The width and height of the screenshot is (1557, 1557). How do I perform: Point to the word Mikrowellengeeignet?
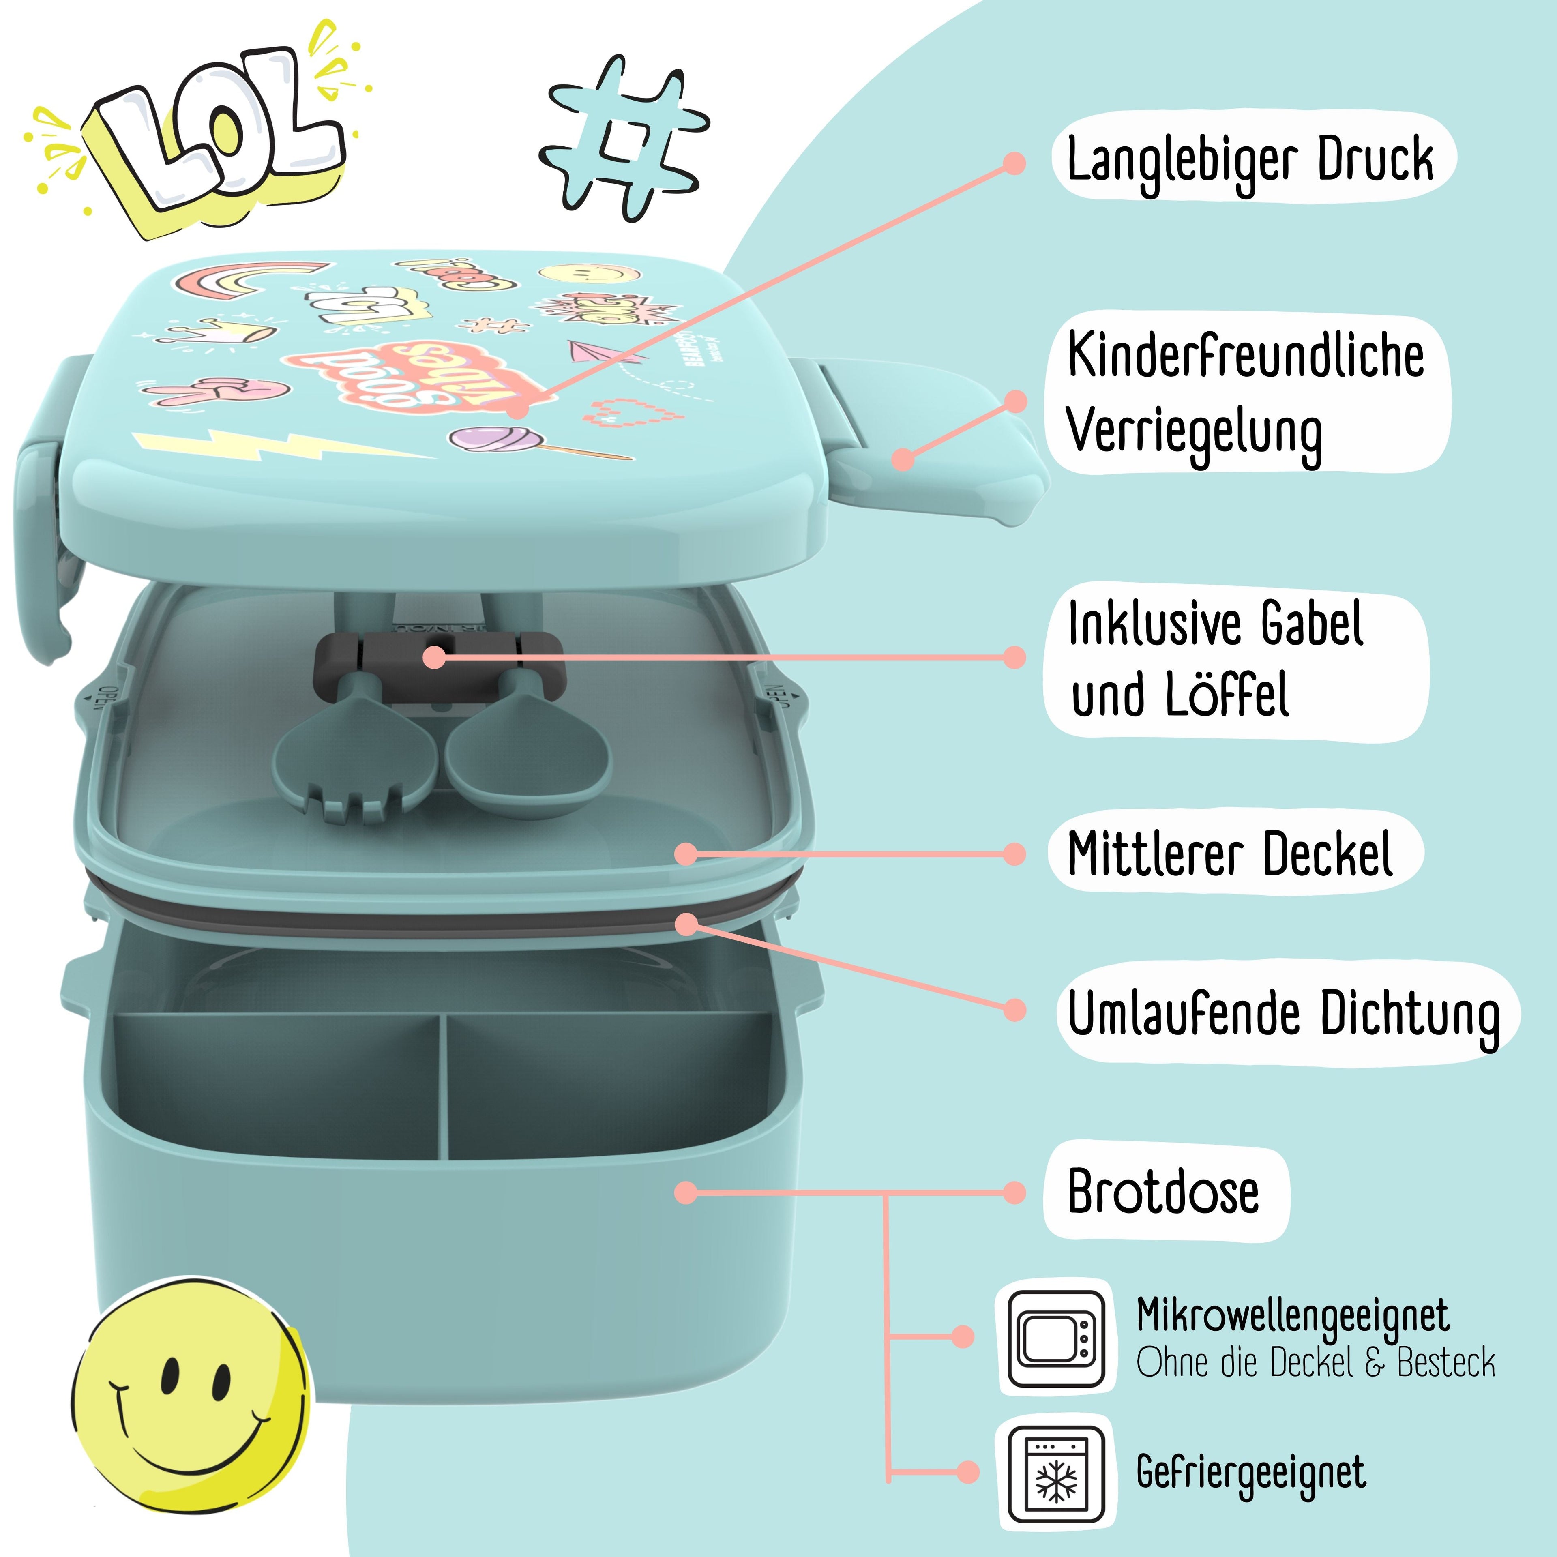[x=1293, y=1316]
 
